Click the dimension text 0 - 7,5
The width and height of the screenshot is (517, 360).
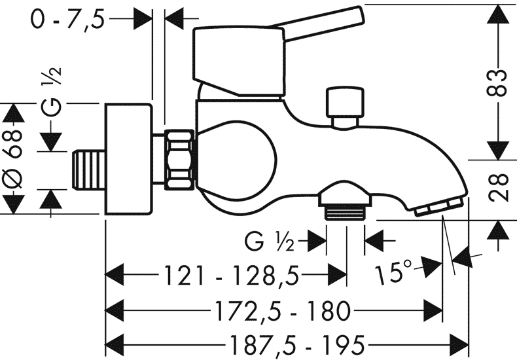pyautogui.click(x=67, y=20)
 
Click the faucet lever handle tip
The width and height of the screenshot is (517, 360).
pyautogui.click(x=357, y=17)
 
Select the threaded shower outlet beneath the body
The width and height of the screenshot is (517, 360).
pyautogui.click(x=345, y=211)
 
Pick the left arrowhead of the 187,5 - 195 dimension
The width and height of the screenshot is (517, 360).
pyautogui.click(x=115, y=340)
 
